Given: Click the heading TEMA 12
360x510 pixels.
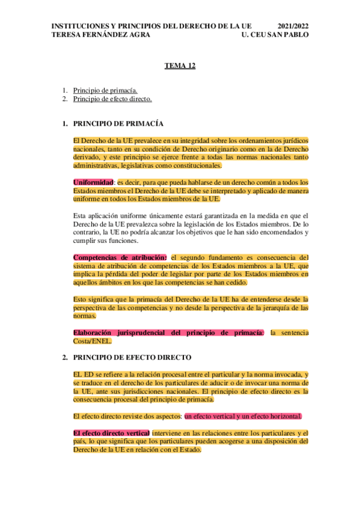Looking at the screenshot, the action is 180,66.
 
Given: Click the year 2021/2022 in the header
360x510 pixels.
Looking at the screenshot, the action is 293,26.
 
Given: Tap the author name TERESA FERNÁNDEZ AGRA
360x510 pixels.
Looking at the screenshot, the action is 102,35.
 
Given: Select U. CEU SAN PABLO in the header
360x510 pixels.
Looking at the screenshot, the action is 274,35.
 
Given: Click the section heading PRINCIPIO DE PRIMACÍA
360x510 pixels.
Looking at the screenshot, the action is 118,123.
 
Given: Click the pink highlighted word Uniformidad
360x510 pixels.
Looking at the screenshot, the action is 93,182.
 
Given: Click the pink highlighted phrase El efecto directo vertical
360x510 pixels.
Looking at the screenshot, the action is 111,433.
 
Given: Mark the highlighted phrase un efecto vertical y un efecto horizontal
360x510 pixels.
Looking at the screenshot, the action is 243,416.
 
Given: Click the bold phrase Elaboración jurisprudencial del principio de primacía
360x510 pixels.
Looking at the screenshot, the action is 168,333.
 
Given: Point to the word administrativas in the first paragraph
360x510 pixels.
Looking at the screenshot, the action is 95,165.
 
